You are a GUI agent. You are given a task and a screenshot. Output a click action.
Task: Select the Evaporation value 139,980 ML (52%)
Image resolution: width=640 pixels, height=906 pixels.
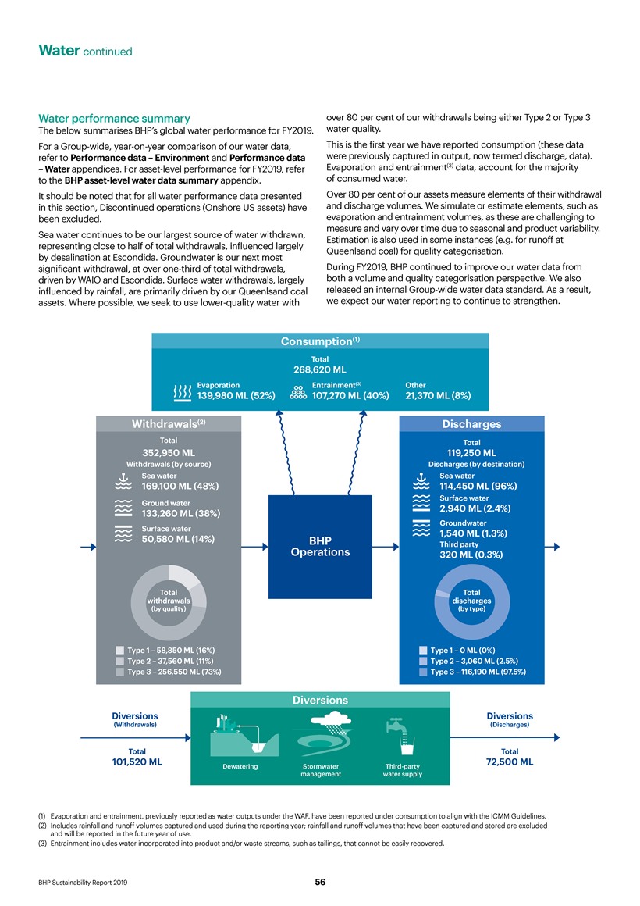point(236,396)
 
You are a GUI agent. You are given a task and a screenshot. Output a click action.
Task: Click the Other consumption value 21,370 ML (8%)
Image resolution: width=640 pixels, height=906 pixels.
point(438,396)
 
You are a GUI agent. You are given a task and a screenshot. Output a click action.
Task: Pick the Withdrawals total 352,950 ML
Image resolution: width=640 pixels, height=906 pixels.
point(168,452)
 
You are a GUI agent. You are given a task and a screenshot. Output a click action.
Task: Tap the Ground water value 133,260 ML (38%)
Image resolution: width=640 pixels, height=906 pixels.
point(180,514)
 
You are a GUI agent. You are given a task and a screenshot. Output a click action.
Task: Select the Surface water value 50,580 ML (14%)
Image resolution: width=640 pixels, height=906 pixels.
point(179,539)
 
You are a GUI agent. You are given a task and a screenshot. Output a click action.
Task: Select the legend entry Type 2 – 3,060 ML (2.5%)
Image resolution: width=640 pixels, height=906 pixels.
point(477,661)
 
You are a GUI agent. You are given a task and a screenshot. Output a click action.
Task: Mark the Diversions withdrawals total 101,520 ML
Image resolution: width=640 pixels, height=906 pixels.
point(137,762)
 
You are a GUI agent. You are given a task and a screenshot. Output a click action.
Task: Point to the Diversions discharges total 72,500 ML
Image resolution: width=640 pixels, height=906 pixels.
point(509,762)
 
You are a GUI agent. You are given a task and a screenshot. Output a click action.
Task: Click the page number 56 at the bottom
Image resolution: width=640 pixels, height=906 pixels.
point(320,882)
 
